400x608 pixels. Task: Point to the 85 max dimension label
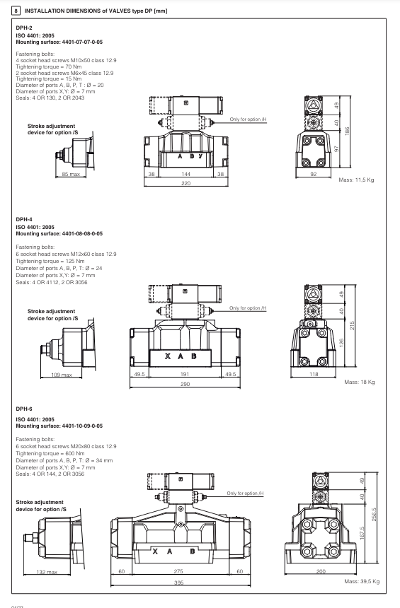pyautogui.click(x=71, y=173)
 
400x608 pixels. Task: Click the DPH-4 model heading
pyautogui.click(x=24, y=220)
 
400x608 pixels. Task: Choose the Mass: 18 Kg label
pyautogui.click(x=359, y=382)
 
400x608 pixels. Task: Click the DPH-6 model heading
pyautogui.click(x=24, y=409)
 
